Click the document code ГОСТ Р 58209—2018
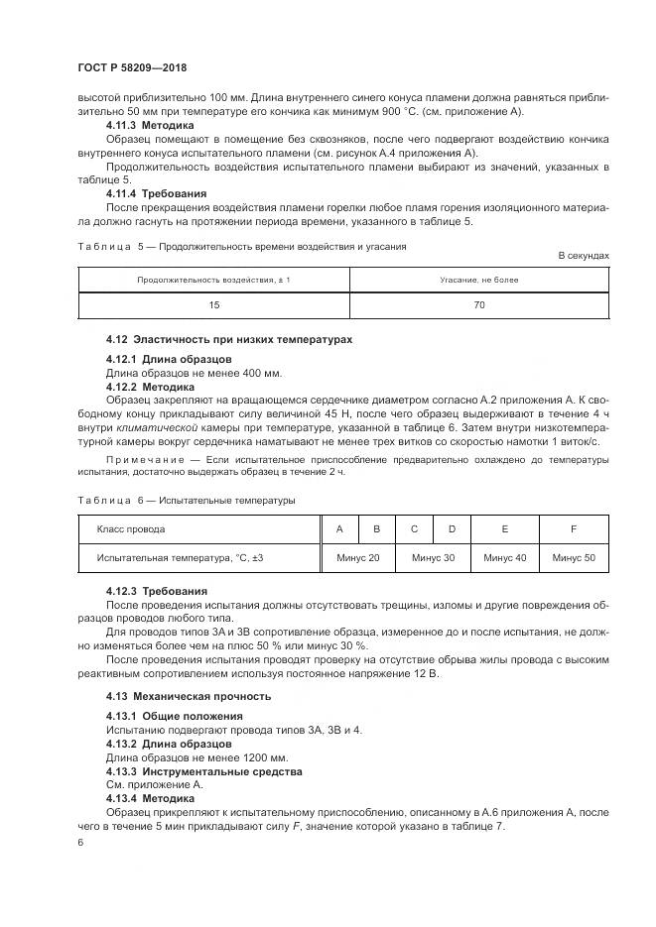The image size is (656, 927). [131, 67]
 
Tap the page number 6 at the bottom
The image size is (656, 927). [80, 842]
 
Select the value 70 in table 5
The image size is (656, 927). [479, 305]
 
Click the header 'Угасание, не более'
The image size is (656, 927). [479, 280]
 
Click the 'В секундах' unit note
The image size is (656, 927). [584, 256]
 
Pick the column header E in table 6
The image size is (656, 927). [504, 529]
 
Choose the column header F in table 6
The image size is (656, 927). [574, 529]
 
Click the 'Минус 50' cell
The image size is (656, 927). [574, 558]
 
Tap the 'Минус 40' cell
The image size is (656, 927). [504, 558]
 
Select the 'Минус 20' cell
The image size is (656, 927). [357, 558]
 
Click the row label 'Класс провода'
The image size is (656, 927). [131, 529]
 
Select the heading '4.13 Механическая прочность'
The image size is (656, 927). [189, 696]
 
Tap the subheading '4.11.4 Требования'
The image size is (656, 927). [156, 194]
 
